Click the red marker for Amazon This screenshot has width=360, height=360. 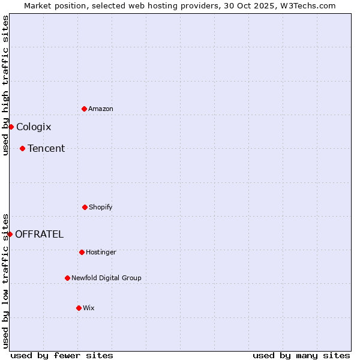[84, 109]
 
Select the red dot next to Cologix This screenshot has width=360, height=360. [11, 127]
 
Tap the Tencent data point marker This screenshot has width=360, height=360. [22, 148]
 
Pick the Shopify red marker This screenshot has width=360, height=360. [85, 207]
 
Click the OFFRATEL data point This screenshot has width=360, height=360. [10, 234]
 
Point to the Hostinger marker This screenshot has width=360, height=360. [82, 252]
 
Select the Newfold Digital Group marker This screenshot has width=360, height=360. [67, 278]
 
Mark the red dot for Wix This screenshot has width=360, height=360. [79, 308]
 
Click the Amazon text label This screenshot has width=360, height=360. [101, 109]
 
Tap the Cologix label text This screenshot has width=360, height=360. [34, 127]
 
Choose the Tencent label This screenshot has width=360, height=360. [46, 148]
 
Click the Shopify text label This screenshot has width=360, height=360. [101, 207]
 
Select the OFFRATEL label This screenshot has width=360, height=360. [39, 234]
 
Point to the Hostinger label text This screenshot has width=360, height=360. [101, 252]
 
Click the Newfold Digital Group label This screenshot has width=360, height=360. [106, 278]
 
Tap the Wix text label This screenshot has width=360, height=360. [89, 308]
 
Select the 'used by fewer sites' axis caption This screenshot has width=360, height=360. [62, 355]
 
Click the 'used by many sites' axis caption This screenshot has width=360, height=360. [301, 355]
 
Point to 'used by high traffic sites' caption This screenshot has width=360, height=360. [5, 85]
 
